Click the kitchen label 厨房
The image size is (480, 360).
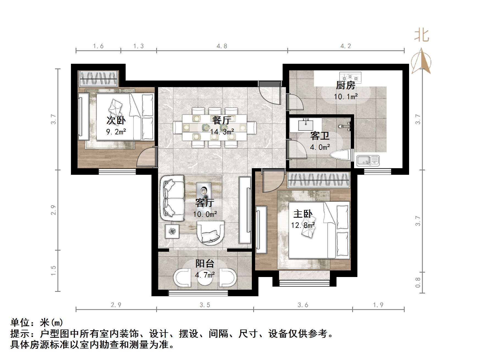346,85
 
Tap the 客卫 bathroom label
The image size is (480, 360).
320,136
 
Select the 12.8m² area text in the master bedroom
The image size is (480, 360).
303,225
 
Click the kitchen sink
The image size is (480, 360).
368,160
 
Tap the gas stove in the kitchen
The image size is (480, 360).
350,77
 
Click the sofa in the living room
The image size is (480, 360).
172,198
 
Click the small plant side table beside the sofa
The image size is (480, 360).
172,231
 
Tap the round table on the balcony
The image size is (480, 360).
205,278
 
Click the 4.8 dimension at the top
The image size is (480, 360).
222,46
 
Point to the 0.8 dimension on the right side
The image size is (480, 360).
418,283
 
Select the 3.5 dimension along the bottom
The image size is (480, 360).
205,305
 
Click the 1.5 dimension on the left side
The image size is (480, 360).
53,270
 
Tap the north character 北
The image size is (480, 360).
422,36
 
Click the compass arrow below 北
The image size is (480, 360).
421,62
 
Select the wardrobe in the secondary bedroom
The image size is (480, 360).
98,79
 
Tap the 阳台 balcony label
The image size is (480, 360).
205,264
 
